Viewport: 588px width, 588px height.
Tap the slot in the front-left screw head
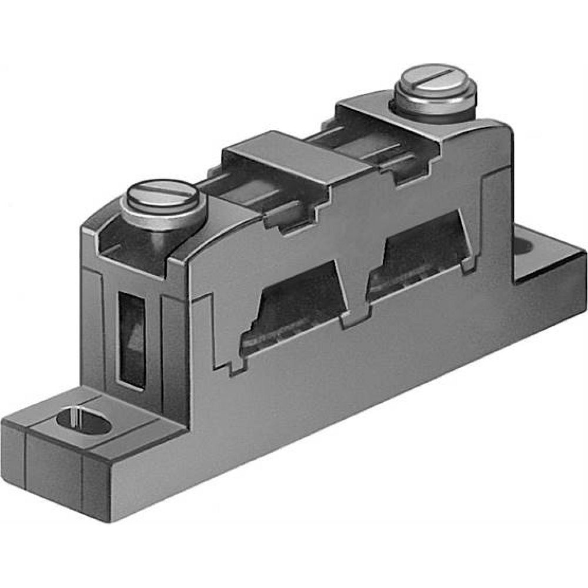pos(163,193)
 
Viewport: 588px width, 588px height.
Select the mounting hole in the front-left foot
pos(82,422)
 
